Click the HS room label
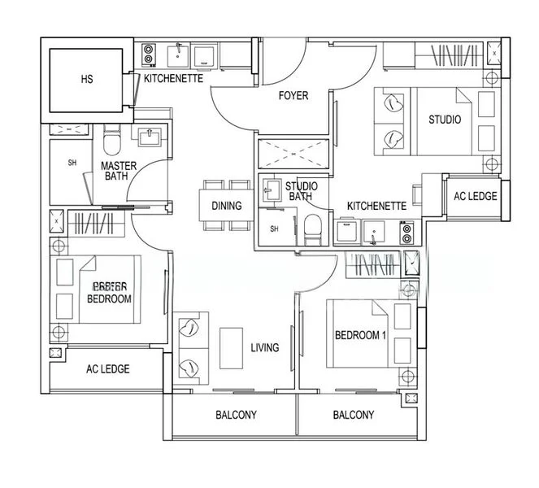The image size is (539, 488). coord(87,80)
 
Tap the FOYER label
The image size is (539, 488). coord(293,96)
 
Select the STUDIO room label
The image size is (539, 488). coord(445,120)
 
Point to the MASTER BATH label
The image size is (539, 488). coord(119,172)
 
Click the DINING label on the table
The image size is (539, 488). coord(226,206)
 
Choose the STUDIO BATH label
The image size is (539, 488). coord(302,192)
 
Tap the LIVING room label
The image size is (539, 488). coord(264,347)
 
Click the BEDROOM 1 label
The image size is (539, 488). coord(360,335)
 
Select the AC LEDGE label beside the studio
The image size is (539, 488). coord(475,197)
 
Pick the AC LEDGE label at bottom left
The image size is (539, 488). coord(108,368)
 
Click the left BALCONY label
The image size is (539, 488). coord(236,415)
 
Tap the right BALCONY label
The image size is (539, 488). coord(354,415)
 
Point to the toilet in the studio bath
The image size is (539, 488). coord(311,230)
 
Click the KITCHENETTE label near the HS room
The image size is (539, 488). coord(173,79)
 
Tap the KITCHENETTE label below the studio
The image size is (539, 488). coord(376,207)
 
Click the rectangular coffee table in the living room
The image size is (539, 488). coord(233,348)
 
